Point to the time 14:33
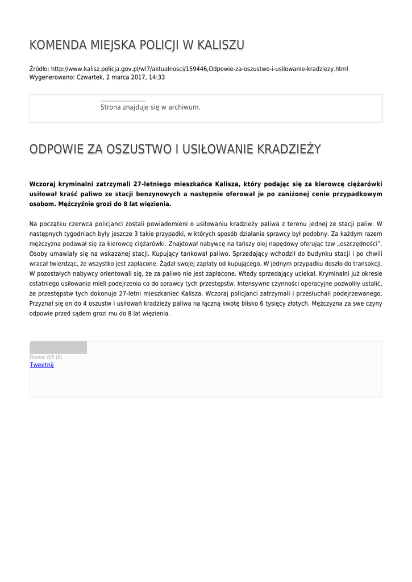[x=157, y=77]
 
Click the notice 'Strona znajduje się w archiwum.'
[x=150, y=107]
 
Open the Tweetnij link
[x=41, y=365]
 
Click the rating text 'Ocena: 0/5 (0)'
[x=46, y=357]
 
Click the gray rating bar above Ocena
[x=58, y=347]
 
